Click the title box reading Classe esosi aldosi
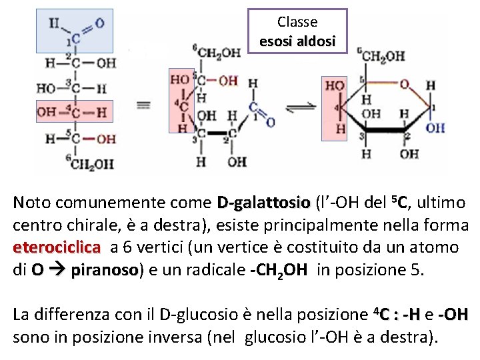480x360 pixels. pos(297,32)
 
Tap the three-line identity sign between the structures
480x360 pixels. pos(143,105)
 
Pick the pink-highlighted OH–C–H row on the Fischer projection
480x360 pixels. pos(74,112)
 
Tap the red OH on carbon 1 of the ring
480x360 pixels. pos(435,127)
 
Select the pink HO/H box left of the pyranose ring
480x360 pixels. pos(335,108)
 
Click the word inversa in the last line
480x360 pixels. pos(189,337)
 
